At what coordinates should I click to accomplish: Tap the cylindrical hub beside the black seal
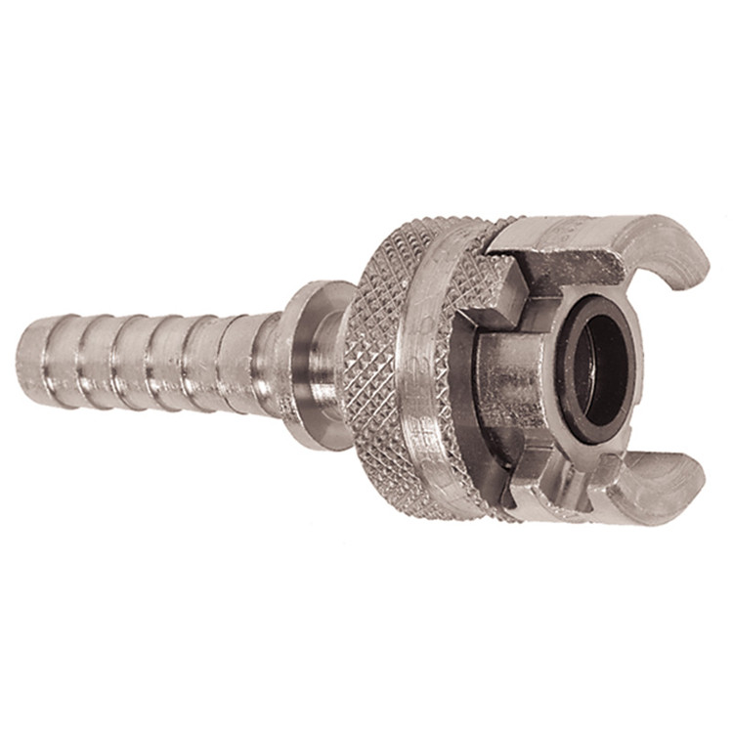coord(508,376)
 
